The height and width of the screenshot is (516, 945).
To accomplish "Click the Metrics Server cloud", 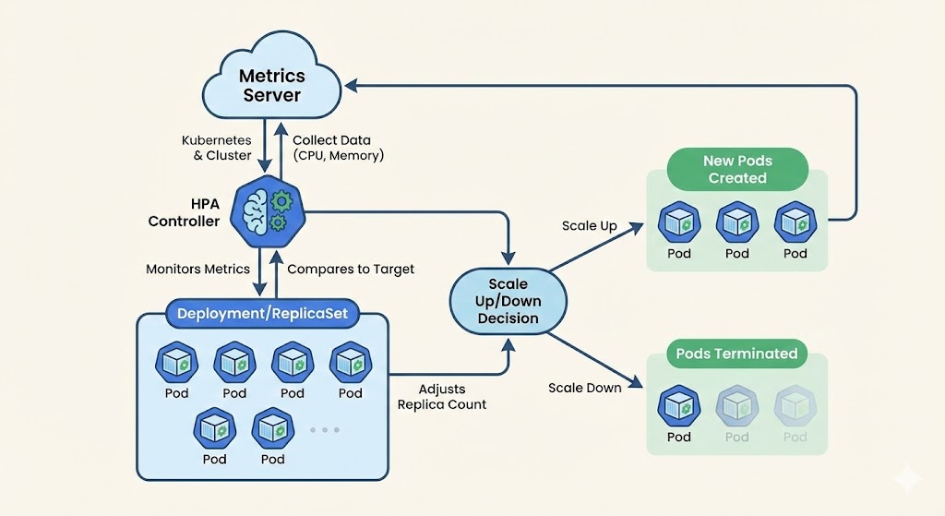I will [x=271, y=84].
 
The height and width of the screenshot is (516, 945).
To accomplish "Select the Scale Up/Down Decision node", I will [x=508, y=300].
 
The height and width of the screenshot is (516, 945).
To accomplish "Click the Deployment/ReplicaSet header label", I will [x=262, y=314].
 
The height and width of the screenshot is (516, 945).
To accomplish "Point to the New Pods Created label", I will [x=737, y=169].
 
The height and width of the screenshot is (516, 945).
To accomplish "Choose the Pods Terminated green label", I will [x=736, y=354].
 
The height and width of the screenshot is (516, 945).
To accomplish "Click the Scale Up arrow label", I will [x=589, y=226].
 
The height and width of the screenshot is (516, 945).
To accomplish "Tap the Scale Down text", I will [x=584, y=388].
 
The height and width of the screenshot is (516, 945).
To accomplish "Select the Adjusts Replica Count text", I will [x=441, y=397].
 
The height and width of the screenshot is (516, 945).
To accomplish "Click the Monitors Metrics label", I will [x=197, y=270].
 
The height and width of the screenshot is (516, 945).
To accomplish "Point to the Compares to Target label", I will [x=351, y=270].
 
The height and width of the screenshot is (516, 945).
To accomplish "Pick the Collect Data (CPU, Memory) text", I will [x=338, y=148].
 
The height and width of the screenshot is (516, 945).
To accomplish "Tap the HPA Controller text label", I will [x=184, y=212].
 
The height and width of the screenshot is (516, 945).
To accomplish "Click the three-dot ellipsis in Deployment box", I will [x=324, y=429].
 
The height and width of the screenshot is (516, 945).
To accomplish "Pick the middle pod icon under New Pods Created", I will [x=736, y=222].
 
